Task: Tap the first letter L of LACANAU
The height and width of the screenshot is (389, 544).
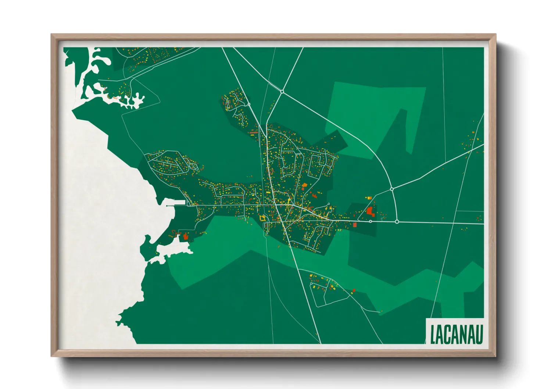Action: [x=433, y=334]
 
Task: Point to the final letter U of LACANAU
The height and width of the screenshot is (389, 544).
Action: [x=478, y=334]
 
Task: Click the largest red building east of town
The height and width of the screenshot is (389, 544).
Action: [x=370, y=211]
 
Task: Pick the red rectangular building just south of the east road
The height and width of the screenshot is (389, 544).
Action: [x=355, y=224]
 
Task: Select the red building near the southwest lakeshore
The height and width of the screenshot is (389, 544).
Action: [x=186, y=236]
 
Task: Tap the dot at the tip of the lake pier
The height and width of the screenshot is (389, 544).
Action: [x=167, y=206]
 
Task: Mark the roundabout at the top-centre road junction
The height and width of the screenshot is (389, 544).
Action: [x=282, y=92]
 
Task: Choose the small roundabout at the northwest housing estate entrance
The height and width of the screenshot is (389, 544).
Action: [x=249, y=104]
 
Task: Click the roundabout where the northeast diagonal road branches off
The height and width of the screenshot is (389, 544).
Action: [x=392, y=189]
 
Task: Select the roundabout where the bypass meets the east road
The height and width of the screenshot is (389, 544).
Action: [x=397, y=222]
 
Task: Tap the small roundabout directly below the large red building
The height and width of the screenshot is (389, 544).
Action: [x=371, y=221]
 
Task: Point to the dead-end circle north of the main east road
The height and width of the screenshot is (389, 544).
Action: [x=329, y=204]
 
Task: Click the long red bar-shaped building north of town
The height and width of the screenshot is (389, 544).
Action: [x=253, y=132]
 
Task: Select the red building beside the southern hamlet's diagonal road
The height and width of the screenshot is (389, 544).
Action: [x=354, y=290]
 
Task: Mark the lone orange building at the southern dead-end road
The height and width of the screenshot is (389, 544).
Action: [x=381, y=311]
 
